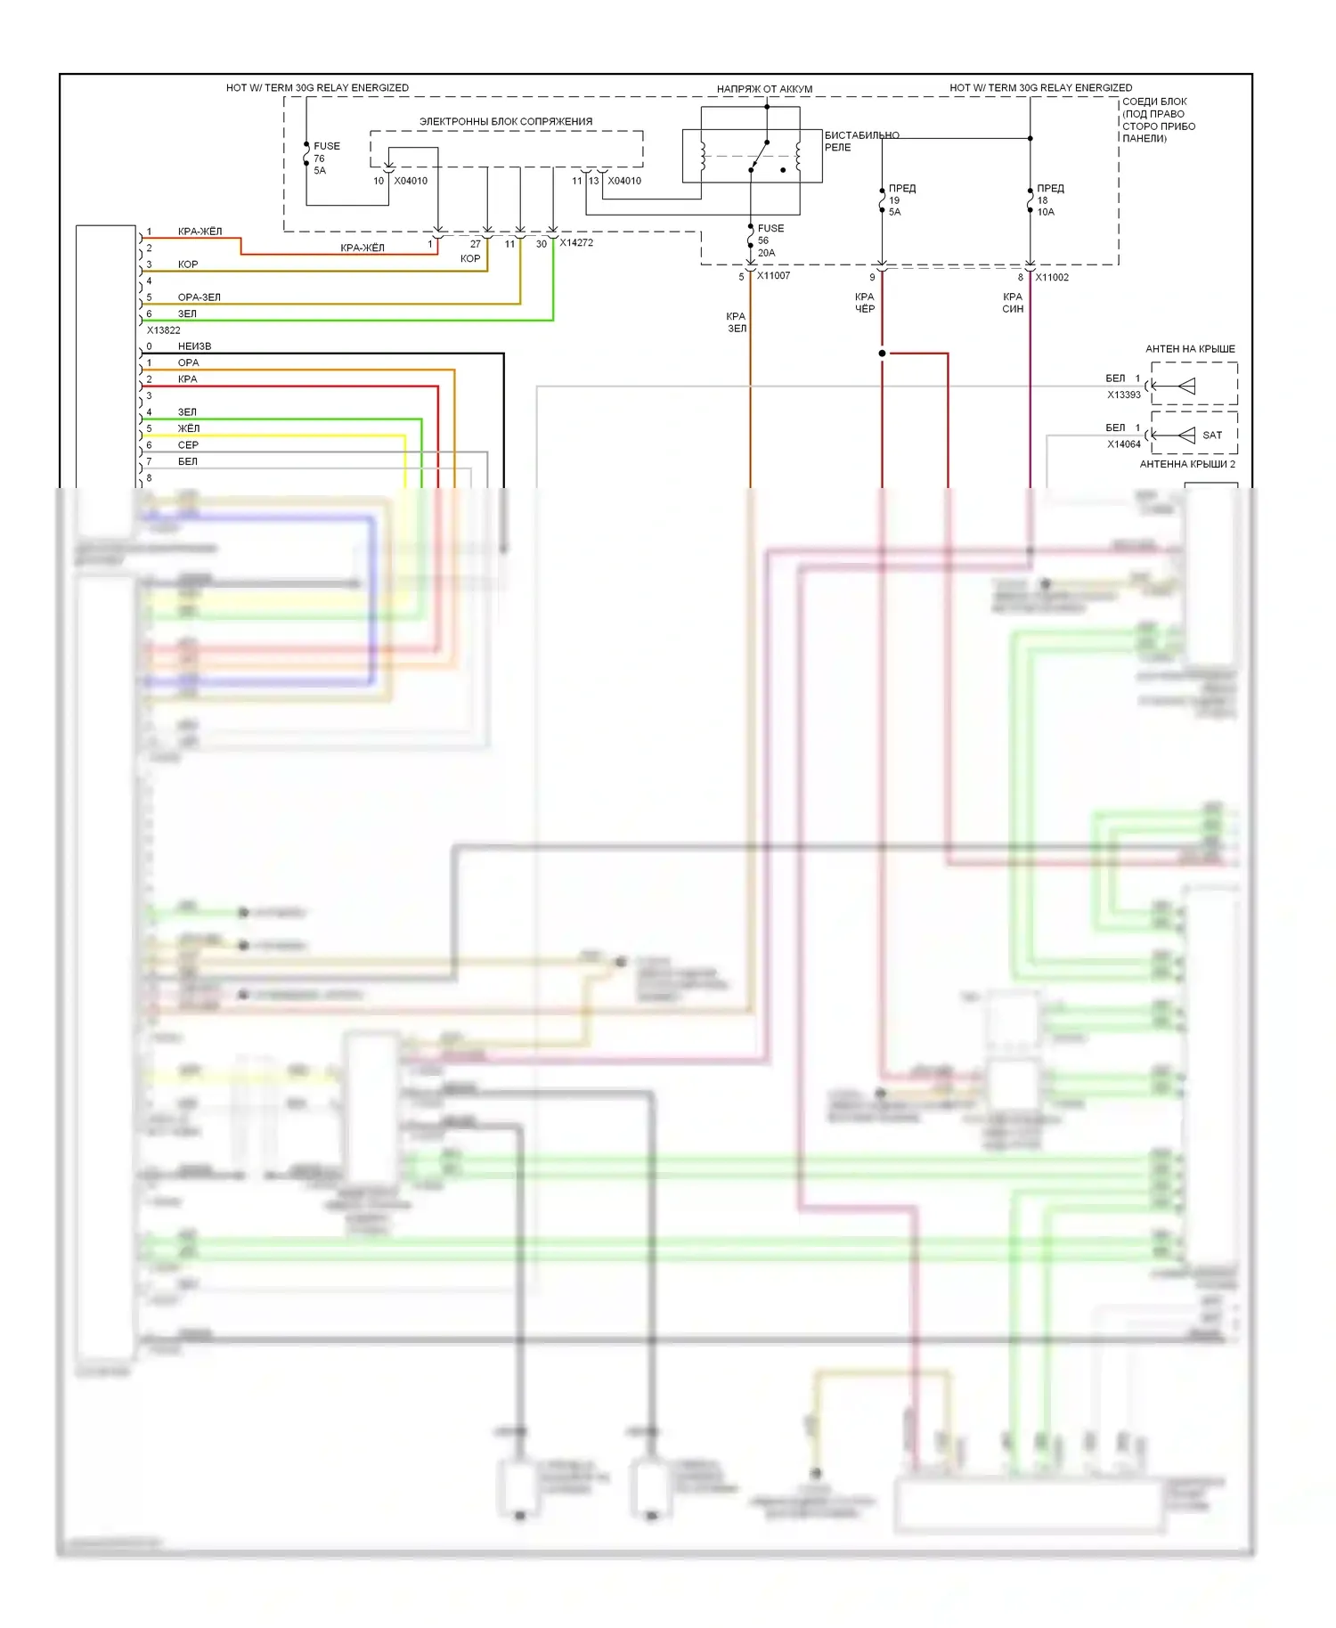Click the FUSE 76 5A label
(x=325, y=158)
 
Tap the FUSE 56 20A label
(x=770, y=240)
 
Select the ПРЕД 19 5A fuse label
(x=900, y=199)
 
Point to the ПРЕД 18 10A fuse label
(x=1049, y=199)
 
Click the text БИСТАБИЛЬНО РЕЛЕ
(x=860, y=141)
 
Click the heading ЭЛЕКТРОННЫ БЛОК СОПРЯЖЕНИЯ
(x=505, y=121)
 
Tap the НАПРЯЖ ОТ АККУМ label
(x=764, y=89)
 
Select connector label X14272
(x=575, y=242)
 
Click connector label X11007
(x=773, y=276)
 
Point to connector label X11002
(x=1052, y=277)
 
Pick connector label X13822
(x=163, y=330)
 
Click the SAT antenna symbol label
(x=1211, y=435)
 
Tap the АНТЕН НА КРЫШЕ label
(x=1190, y=349)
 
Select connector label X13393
(x=1123, y=395)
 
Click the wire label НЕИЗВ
(x=194, y=346)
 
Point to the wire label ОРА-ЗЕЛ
(x=199, y=297)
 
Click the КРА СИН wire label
(x=1013, y=303)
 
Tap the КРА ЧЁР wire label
(x=865, y=303)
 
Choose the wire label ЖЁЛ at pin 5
(x=188, y=428)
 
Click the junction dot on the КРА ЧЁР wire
(x=882, y=354)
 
